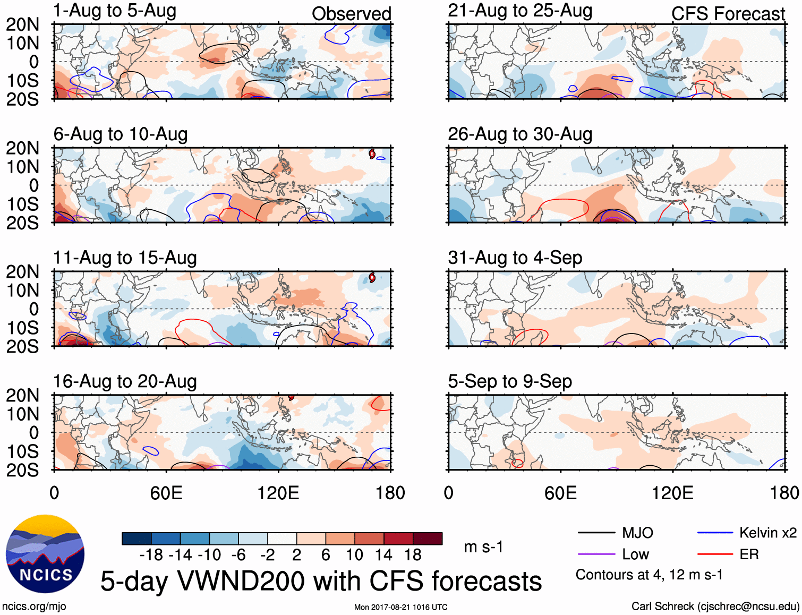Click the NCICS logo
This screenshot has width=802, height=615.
[x=45, y=554]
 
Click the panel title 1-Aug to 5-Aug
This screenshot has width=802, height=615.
[x=115, y=11]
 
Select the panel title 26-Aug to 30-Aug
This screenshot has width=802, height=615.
[x=520, y=134]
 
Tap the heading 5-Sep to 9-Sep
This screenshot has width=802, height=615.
[x=510, y=381]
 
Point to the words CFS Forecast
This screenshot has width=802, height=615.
[x=728, y=14]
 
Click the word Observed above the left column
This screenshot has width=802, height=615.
[x=351, y=14]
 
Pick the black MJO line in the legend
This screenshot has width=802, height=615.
[x=596, y=533]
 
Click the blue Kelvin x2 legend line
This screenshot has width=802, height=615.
[x=715, y=533]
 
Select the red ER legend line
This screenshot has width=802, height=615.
[x=715, y=554]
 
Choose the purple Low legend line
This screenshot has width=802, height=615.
[x=596, y=554]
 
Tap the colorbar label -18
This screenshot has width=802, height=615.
[x=151, y=555]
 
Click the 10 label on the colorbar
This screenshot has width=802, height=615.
[x=354, y=555]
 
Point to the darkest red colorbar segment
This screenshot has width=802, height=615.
[x=428, y=539]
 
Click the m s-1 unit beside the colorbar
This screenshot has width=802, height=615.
[x=483, y=547]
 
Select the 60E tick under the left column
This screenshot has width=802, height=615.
[x=166, y=493]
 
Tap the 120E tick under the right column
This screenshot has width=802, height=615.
[x=672, y=493]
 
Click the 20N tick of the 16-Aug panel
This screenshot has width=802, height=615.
[x=22, y=396]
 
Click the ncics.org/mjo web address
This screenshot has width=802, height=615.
[x=34, y=607]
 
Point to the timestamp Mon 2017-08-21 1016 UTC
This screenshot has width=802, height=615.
[x=400, y=607]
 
